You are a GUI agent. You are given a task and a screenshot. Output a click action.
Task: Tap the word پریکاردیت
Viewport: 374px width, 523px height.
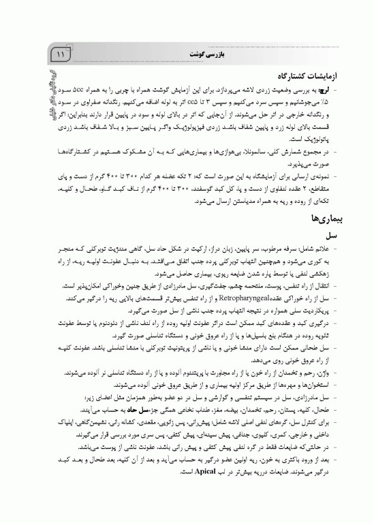(x=331, y=308)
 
